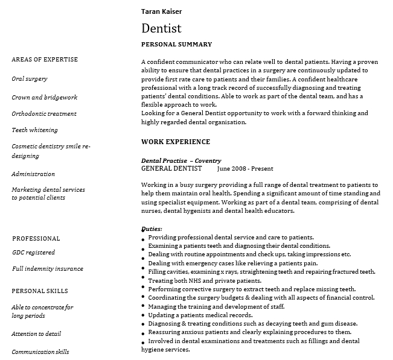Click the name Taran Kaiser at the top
(x=161, y=11)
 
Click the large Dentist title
(x=161, y=28)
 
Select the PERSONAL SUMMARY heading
(x=176, y=44)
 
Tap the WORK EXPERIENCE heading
(x=176, y=142)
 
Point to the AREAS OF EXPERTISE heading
(x=45, y=60)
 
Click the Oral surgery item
(x=30, y=79)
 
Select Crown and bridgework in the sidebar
(x=44, y=97)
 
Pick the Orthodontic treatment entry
(x=44, y=113)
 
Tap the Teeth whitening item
(x=35, y=130)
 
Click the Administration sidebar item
(x=33, y=174)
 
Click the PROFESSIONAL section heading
(x=36, y=238)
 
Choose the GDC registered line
(x=34, y=253)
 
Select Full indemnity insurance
(x=48, y=269)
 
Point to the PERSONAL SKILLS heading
(x=40, y=291)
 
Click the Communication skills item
(x=40, y=352)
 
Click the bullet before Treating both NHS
(x=143, y=282)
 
